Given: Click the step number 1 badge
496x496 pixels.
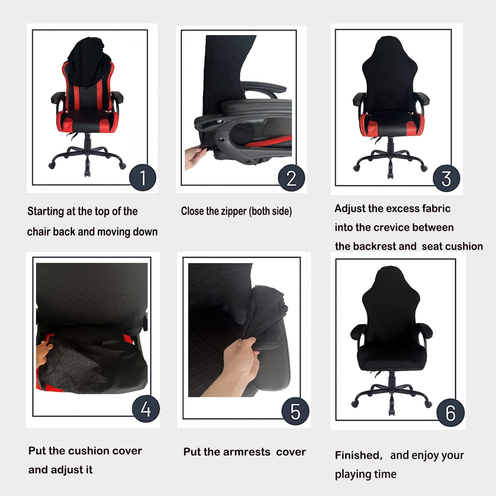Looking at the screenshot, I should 143,178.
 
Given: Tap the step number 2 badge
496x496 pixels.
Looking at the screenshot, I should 291,178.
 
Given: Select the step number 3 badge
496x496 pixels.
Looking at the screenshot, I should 446,178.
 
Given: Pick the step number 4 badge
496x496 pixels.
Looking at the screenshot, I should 146,409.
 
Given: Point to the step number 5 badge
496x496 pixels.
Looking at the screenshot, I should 295,411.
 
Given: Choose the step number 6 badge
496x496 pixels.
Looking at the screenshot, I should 450,413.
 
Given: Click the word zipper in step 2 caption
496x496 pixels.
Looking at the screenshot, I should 234,211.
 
